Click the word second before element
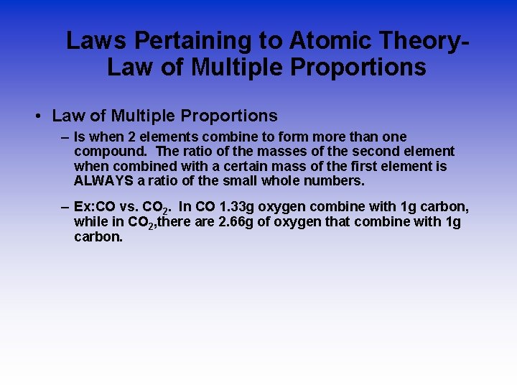pos(376,151)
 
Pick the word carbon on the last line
pos(98,236)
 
